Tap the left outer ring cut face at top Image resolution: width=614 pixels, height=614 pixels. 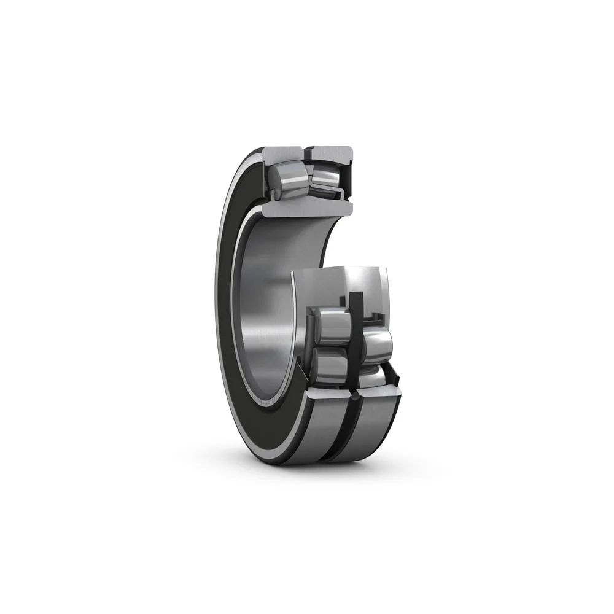(x=282, y=153)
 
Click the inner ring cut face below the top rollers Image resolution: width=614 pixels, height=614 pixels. (x=307, y=209)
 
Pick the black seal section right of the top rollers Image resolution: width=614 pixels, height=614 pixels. (x=348, y=178)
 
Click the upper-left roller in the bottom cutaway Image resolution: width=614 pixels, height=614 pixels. (x=332, y=326)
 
